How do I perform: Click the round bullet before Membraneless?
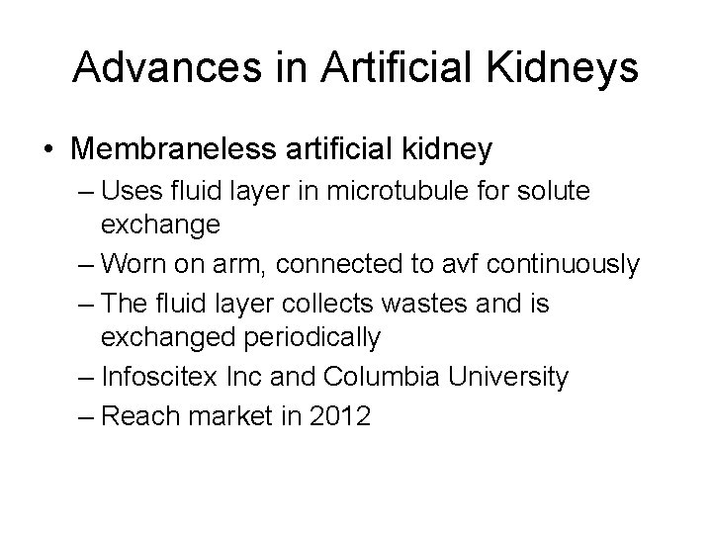pos(49,150)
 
